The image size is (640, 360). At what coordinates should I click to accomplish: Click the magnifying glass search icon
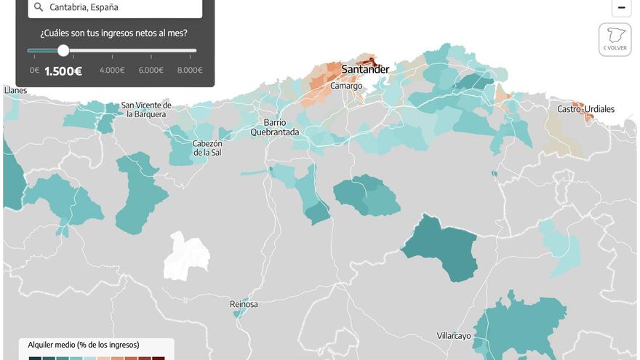pyautogui.click(x=39, y=7)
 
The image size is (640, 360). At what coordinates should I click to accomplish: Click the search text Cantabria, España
pyautogui.click(x=84, y=7)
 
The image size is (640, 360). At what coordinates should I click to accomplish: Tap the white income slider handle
pyautogui.click(x=63, y=50)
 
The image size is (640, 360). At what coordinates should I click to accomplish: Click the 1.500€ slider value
pyautogui.click(x=63, y=71)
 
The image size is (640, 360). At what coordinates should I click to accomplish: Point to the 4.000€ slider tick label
pyautogui.click(x=112, y=71)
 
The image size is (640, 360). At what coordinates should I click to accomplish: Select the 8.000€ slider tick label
pyautogui.click(x=190, y=71)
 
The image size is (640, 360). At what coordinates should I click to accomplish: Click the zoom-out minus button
pyautogui.click(x=621, y=8)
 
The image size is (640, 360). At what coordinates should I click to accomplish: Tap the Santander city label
pyautogui.click(x=365, y=70)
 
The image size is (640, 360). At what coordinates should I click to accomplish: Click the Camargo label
pyautogui.click(x=346, y=86)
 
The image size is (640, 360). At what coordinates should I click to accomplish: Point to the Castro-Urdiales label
pyautogui.click(x=585, y=109)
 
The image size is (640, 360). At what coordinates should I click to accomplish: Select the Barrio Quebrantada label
pyautogui.click(x=275, y=127)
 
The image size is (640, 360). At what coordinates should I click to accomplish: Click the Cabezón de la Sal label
pyautogui.click(x=207, y=148)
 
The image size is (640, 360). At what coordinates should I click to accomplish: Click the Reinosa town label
pyautogui.click(x=244, y=304)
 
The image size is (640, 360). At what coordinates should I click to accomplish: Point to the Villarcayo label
pyautogui.click(x=454, y=336)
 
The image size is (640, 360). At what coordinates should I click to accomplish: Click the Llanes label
pyautogui.click(x=15, y=90)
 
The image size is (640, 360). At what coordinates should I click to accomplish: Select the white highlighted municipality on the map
pyautogui.click(x=186, y=256)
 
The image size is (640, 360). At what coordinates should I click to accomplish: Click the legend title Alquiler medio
pyautogui.click(x=83, y=345)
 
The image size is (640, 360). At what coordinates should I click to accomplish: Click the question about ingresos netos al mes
pyautogui.click(x=113, y=33)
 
